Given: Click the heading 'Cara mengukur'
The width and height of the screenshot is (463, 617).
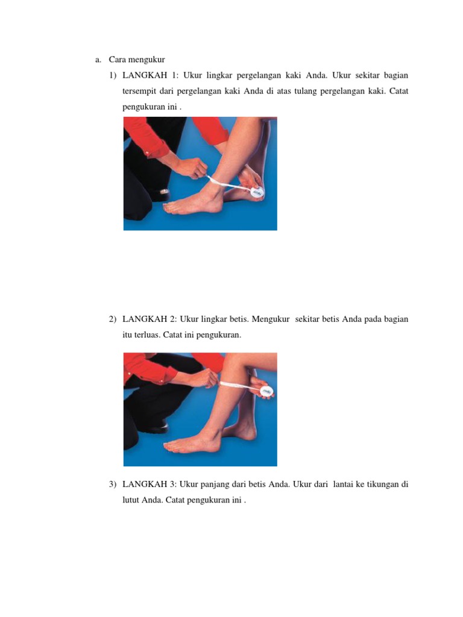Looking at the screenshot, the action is (137, 60).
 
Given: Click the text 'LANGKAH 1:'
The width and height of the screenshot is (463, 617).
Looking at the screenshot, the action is (150, 75).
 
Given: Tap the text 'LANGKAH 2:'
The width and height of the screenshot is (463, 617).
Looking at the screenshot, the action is (150, 319).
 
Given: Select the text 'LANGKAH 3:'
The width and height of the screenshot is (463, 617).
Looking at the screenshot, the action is (150, 484).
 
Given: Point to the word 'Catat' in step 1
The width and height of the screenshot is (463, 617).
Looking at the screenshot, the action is (398, 91).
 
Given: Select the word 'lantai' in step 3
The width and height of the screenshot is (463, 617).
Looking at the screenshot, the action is (343, 484).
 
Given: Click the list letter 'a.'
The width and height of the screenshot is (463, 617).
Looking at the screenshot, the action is (98, 60).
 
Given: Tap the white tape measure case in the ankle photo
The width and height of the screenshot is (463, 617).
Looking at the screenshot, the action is (257, 192).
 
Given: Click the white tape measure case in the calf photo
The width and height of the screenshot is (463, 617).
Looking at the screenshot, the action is (266, 392).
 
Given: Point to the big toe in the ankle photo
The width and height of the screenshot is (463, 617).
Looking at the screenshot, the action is (168, 207).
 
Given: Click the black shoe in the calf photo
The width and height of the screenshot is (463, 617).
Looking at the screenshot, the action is (157, 428).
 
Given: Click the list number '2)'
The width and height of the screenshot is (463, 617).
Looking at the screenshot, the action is (113, 319).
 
